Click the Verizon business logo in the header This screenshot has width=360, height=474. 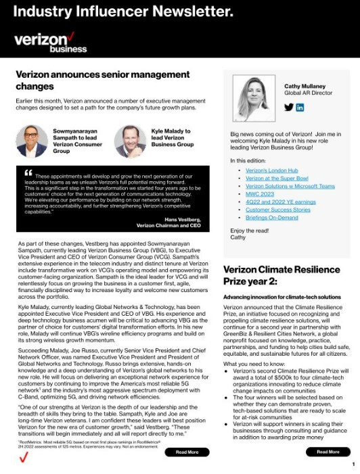point(50,42)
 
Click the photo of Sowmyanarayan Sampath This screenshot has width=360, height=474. point(31,141)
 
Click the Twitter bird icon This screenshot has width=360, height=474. point(288,108)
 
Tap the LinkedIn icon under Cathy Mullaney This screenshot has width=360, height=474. point(300,108)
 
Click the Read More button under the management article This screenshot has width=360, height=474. point(187,452)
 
